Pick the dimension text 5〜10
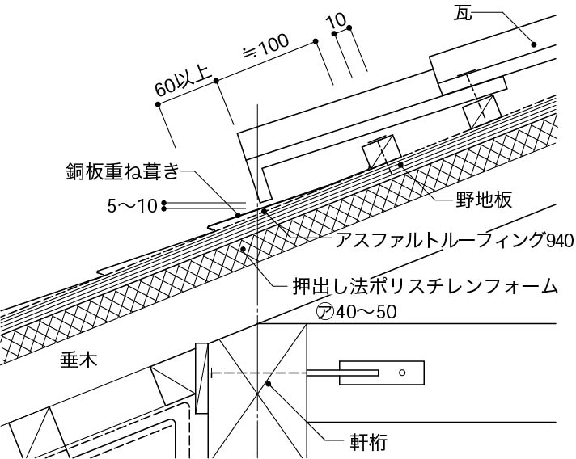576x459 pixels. click(132, 205)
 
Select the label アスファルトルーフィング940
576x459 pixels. click(443, 240)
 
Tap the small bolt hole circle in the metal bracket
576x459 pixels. click(402, 373)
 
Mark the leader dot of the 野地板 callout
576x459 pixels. click(400, 165)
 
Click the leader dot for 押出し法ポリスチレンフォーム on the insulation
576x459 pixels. click(243, 250)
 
